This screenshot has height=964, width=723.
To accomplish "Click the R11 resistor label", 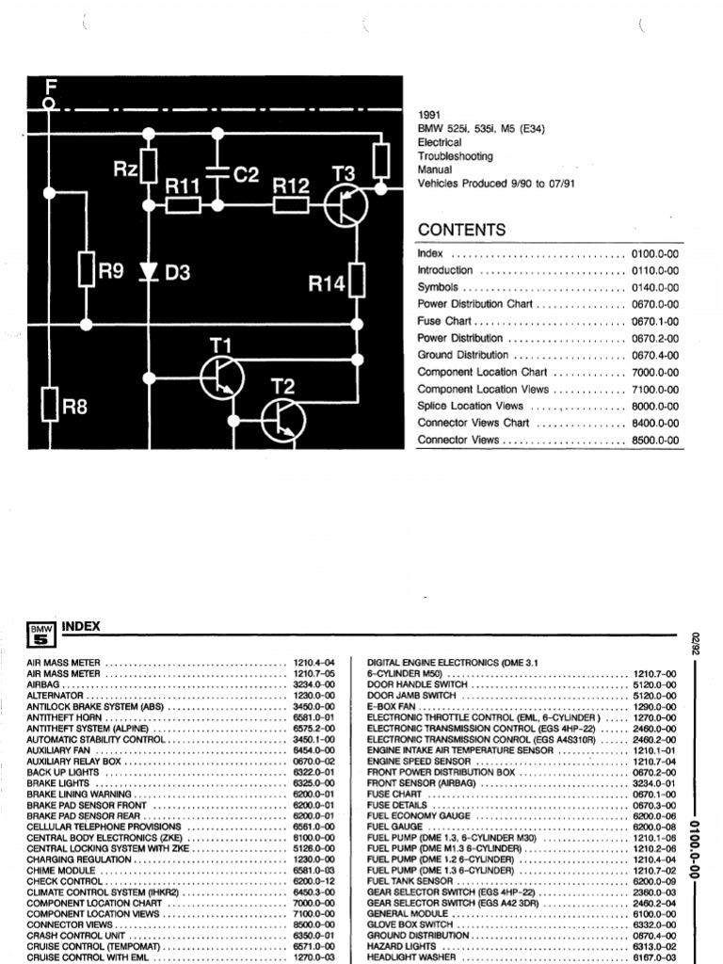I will tap(185, 186).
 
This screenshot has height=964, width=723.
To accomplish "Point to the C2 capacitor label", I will tap(245, 175).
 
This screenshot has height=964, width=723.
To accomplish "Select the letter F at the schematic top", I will tap(51, 87).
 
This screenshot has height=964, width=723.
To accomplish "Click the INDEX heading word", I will tap(81, 626).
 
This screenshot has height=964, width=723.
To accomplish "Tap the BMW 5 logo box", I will tap(41, 635).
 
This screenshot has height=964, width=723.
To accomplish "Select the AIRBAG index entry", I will tap(44, 685).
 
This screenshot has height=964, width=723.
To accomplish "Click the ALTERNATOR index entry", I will tap(56, 697).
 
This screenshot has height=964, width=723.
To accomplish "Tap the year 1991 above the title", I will tap(429, 114).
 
